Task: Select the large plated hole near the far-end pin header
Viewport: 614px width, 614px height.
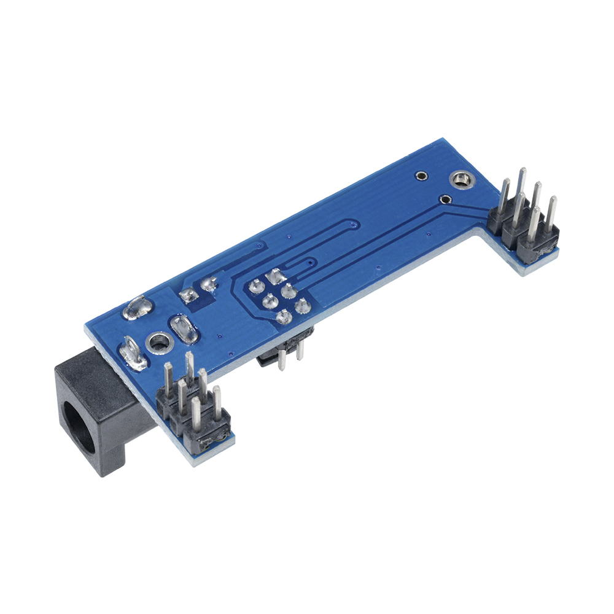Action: (x=460, y=180)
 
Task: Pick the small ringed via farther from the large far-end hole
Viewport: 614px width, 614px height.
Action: (x=421, y=176)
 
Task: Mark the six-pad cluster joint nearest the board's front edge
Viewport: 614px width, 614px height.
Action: (x=283, y=317)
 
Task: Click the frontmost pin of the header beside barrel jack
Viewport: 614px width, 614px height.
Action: (x=196, y=414)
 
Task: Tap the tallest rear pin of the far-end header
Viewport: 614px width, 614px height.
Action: (x=522, y=184)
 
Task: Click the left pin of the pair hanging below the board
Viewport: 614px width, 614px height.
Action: (x=281, y=359)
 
